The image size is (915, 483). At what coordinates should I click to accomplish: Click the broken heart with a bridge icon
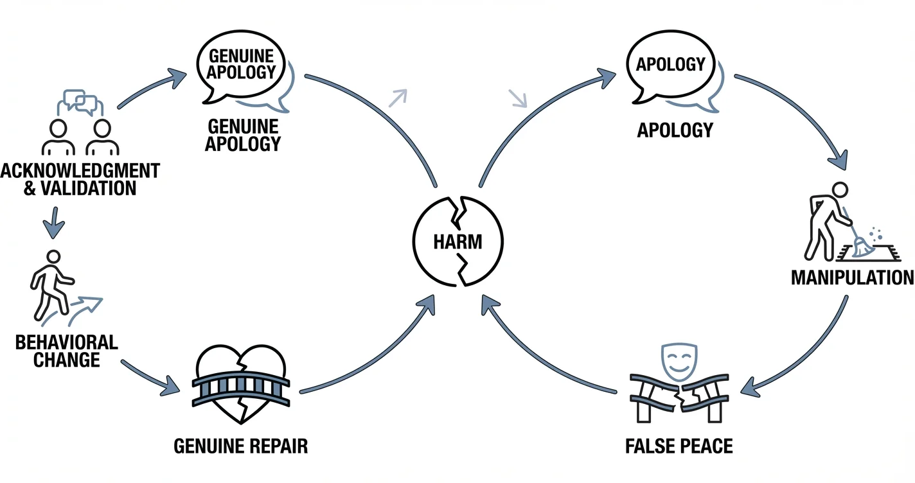click(x=242, y=385)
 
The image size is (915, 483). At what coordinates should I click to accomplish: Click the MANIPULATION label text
click(x=852, y=277)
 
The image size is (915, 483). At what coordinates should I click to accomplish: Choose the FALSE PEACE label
click(x=679, y=446)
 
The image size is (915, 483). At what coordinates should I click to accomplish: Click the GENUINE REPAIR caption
click(x=241, y=446)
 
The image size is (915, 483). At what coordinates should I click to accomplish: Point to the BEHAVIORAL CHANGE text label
click(x=67, y=351)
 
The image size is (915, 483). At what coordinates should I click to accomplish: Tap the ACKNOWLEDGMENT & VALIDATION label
click(x=80, y=179)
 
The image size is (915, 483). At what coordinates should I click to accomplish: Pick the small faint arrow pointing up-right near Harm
click(x=398, y=96)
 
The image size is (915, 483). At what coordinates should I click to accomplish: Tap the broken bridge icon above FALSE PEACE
click(x=679, y=398)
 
